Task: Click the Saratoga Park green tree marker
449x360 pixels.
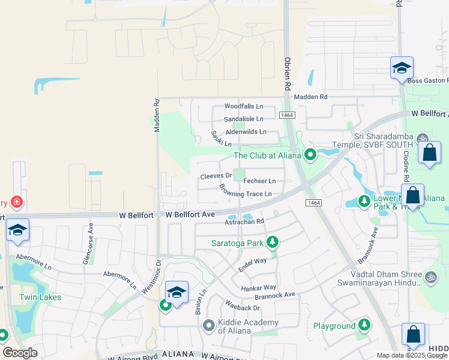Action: pos(273,242)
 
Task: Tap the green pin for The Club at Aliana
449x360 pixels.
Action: pos(310,155)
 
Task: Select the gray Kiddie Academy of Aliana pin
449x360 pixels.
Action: pos(208,325)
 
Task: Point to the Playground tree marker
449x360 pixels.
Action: pos(364,325)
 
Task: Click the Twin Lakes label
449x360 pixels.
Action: pos(40,297)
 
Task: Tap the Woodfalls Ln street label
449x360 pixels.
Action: pos(243,106)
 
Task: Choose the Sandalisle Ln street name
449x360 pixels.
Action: pos(243,119)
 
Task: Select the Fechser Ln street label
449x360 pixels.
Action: pos(259,181)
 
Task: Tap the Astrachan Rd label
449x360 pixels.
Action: pos(244,221)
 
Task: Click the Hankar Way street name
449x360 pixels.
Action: pos(258,288)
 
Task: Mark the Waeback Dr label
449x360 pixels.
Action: pos(243,307)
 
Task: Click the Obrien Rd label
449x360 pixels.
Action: pos(288,70)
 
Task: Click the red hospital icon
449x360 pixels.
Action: pos(17,202)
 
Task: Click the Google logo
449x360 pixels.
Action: pos(20,353)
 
